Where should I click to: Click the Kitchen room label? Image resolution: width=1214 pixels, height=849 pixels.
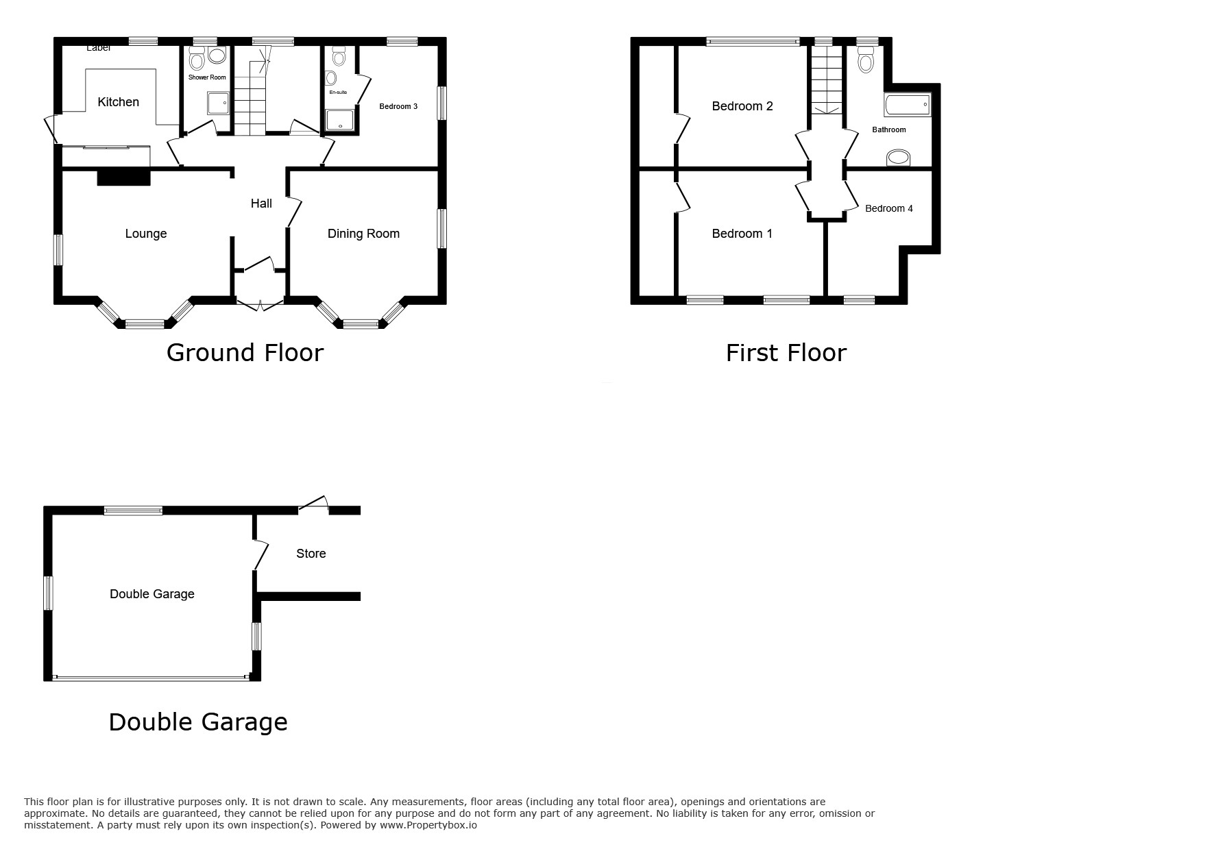pyautogui.click(x=118, y=102)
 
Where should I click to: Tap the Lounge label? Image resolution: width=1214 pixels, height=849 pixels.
pyautogui.click(x=146, y=234)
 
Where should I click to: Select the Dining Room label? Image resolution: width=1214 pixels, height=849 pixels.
pyautogui.click(x=363, y=234)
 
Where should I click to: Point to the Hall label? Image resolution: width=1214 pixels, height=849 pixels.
pyautogui.click(x=261, y=204)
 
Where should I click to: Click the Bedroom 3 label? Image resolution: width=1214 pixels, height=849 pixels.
pyautogui.click(x=398, y=106)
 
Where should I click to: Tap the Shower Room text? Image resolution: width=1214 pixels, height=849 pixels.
pyautogui.click(x=207, y=77)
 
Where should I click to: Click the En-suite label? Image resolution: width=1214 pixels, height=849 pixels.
pyautogui.click(x=338, y=92)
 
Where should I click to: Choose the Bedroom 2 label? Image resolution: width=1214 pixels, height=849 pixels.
pyautogui.click(x=742, y=106)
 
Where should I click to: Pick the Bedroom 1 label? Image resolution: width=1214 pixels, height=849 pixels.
pyautogui.click(x=742, y=234)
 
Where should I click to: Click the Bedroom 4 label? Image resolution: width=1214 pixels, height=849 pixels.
pyautogui.click(x=889, y=208)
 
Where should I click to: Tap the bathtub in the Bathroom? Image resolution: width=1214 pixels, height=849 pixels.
pyautogui.click(x=908, y=106)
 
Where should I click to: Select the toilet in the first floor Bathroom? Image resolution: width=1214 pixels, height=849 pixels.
pyautogui.click(x=866, y=59)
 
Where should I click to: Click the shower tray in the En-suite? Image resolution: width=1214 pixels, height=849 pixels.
pyautogui.click(x=341, y=119)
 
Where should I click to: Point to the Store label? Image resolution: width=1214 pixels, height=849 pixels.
pyautogui.click(x=311, y=554)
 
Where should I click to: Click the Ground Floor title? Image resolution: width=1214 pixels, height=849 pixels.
pyautogui.click(x=245, y=353)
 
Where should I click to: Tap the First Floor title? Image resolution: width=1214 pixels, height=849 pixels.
pyautogui.click(x=786, y=353)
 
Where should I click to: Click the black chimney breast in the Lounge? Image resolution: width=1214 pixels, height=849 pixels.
pyautogui.click(x=123, y=177)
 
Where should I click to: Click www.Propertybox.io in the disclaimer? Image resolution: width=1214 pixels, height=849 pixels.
pyautogui.click(x=428, y=825)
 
